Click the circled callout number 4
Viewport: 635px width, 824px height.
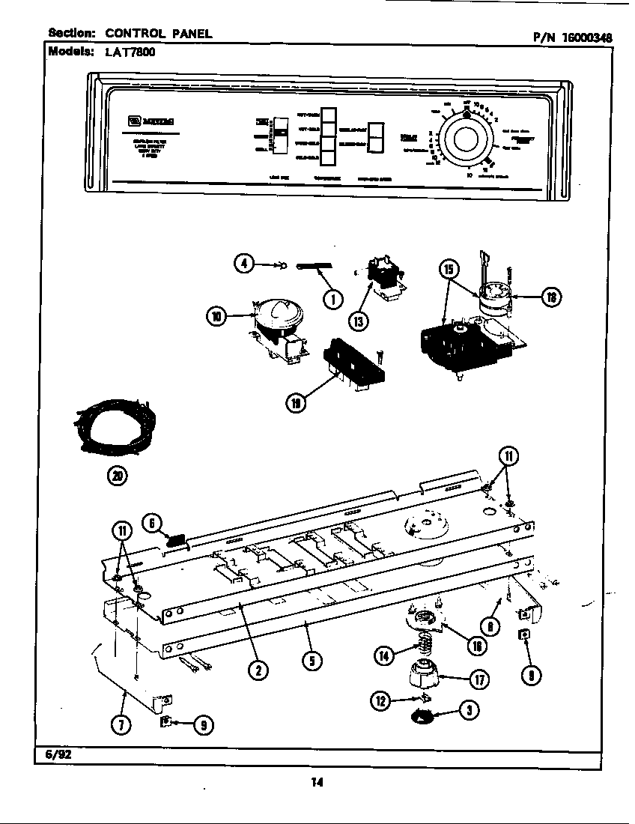[x=243, y=263]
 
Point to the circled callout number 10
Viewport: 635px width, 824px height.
[x=216, y=317]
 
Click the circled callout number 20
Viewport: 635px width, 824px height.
[x=117, y=475]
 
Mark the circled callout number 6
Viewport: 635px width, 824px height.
[x=152, y=525]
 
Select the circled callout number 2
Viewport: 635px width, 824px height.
[x=258, y=670]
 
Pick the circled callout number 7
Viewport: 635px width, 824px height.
[x=121, y=724]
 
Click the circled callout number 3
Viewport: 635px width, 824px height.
[x=469, y=711]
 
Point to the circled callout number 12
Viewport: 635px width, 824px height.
[x=382, y=700]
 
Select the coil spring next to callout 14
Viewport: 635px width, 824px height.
[x=425, y=641]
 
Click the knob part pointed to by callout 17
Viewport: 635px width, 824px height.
[x=425, y=676]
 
